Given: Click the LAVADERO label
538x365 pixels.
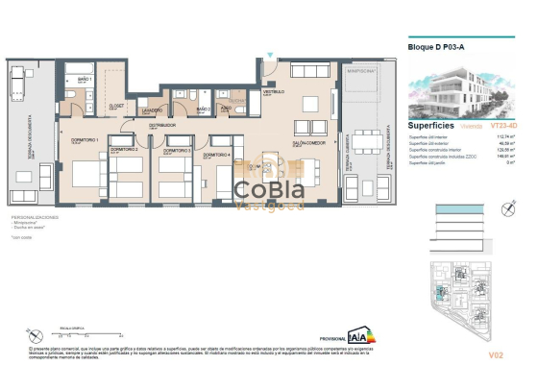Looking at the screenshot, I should [x=151, y=110].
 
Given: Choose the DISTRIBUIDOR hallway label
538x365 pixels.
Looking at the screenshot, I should [x=162, y=125].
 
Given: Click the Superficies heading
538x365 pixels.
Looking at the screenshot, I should [x=432, y=125].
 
